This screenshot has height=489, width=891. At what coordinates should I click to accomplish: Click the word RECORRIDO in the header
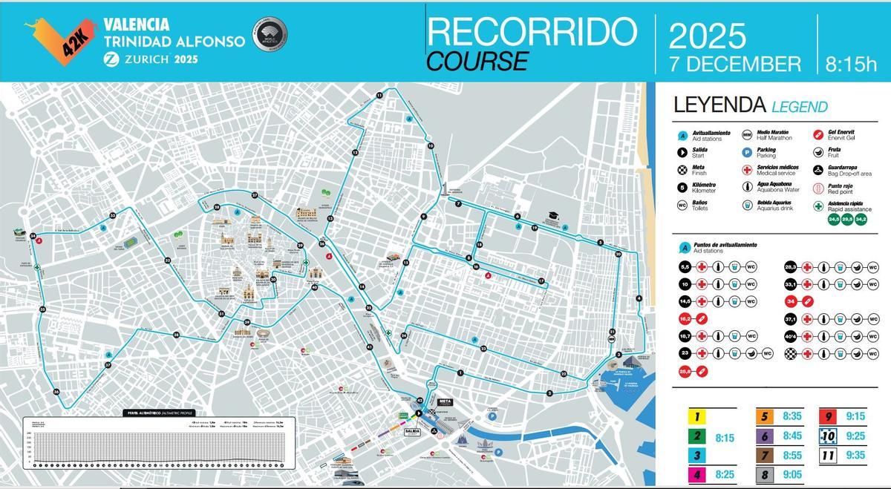(x=532, y=31)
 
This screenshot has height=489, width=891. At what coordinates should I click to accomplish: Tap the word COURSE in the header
(x=477, y=61)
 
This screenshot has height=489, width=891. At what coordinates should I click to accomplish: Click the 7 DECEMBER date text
(x=735, y=64)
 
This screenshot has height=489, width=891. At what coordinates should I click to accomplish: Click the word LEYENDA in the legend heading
(x=718, y=105)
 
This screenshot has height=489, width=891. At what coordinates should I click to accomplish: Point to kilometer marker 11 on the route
(x=379, y=96)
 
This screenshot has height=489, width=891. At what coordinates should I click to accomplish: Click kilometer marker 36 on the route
(x=56, y=392)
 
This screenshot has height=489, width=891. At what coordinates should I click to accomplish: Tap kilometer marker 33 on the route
(x=112, y=215)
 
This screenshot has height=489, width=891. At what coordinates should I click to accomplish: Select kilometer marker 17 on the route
(x=542, y=281)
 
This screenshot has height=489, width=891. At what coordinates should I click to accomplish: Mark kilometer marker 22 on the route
(x=564, y=373)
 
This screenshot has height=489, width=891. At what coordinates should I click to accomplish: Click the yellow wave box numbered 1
(x=698, y=418)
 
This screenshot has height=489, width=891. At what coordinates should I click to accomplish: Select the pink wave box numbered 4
(x=698, y=473)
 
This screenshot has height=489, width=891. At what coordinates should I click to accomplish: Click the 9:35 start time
(x=855, y=455)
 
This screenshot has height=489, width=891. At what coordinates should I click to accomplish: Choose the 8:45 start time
(x=792, y=436)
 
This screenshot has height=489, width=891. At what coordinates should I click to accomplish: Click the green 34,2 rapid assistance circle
(x=861, y=219)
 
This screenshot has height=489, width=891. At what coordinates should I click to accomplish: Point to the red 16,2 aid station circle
(x=685, y=318)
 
